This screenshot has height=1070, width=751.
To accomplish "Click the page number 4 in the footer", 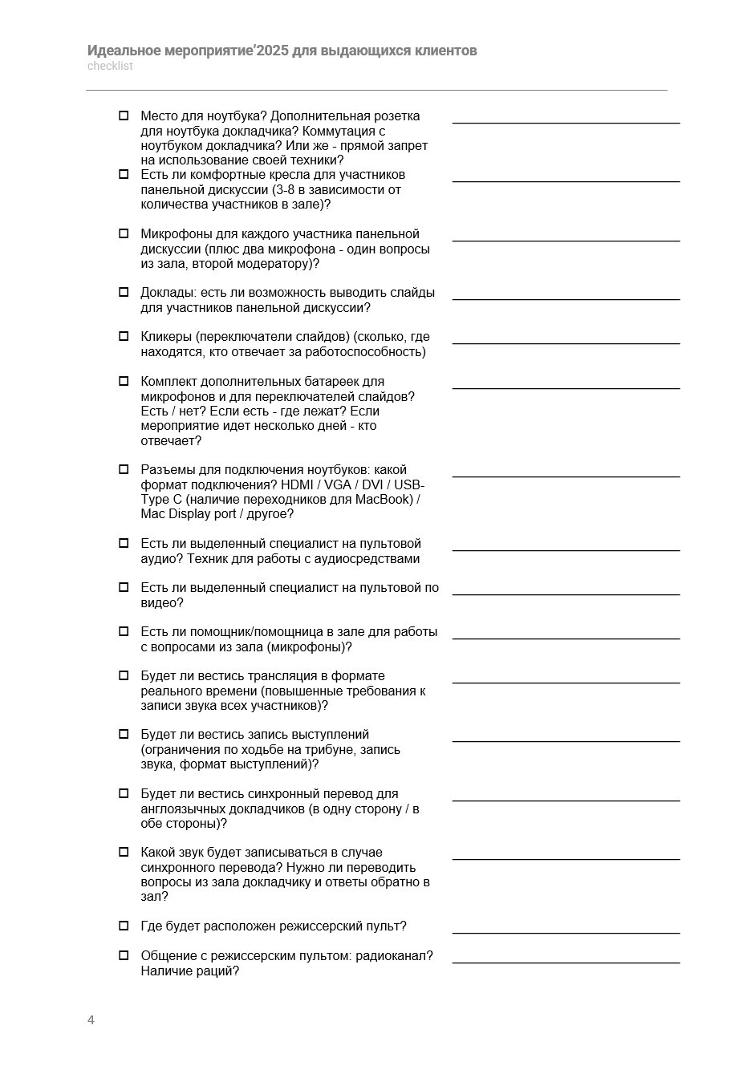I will point(91,1020).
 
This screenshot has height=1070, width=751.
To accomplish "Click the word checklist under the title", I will point(110,67).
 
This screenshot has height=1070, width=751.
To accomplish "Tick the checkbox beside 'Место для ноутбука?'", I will point(124,116).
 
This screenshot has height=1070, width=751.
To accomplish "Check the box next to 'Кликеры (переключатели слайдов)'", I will point(124,336).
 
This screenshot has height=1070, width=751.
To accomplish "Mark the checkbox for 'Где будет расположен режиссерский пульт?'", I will point(124,926).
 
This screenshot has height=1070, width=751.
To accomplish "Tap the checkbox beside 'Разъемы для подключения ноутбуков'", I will point(124,469).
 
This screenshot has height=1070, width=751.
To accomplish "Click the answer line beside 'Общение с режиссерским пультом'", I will point(566,961).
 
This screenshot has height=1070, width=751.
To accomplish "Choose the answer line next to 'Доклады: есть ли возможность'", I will point(566,298).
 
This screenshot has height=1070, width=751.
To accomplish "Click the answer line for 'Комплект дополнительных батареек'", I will point(566,387).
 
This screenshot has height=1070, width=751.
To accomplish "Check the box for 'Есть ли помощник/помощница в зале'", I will point(124,631).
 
